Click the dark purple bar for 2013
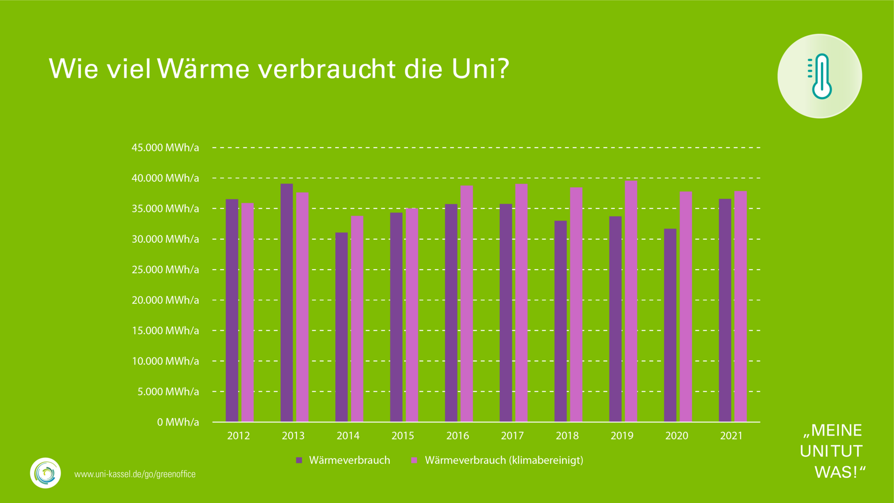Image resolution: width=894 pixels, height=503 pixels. (287, 303)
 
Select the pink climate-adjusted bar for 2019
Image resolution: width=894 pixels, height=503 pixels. (631, 301)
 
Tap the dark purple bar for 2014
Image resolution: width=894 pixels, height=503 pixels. (341, 327)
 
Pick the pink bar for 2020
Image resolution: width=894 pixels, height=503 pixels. (685, 306)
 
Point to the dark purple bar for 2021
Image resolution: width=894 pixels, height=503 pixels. (725, 310)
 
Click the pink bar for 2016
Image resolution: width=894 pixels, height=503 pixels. (466, 303)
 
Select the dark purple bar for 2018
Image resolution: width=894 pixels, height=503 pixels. (560, 321)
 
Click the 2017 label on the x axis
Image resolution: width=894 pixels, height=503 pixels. (512, 436)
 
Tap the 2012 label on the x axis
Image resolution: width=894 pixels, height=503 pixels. (238, 436)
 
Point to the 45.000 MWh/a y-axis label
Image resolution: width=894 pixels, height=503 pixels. (165, 147)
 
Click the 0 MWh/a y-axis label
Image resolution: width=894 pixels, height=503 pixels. (178, 422)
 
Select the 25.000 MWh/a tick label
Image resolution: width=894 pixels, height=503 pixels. (165, 270)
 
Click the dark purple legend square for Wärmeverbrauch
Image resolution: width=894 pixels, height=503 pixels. (299, 460)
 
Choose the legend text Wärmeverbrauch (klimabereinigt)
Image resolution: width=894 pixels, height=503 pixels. (504, 460)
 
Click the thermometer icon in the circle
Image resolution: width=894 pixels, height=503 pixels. (820, 76)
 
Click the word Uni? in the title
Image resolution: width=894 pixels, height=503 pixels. (480, 69)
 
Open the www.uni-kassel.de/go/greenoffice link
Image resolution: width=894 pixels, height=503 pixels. (135, 474)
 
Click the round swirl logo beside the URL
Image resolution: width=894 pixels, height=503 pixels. (45, 473)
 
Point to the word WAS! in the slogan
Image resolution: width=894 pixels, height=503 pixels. (840, 472)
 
